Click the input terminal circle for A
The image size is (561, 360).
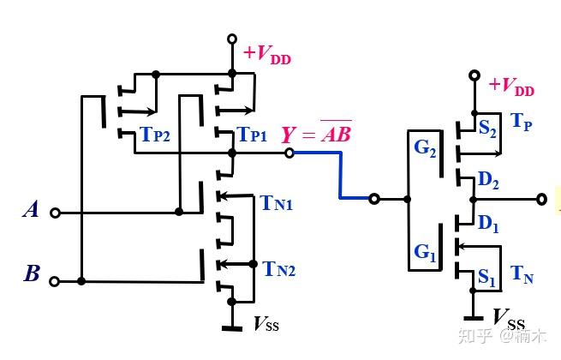click(x=55, y=213)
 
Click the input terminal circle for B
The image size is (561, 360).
click(x=54, y=281)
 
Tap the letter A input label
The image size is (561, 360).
click(x=31, y=209)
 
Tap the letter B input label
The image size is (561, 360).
click(x=32, y=273)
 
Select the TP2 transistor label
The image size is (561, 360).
click(x=155, y=135)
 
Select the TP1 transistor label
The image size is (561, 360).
click(x=253, y=135)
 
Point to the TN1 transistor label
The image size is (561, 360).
click(x=276, y=203)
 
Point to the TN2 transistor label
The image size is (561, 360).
click(x=279, y=268)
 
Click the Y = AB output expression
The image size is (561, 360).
click(x=317, y=132)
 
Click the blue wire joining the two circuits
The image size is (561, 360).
click(x=340, y=175)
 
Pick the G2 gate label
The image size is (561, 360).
click(x=425, y=148)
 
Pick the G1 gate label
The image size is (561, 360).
click(x=425, y=252)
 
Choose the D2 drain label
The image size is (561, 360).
click(x=488, y=180)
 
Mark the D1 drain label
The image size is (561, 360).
click(x=488, y=224)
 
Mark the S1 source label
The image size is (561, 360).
click(x=487, y=277)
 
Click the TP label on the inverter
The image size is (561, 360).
click(x=522, y=122)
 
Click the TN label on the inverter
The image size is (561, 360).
click(x=522, y=274)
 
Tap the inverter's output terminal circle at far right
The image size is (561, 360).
click(x=541, y=199)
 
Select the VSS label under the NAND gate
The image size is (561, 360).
click(x=266, y=323)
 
